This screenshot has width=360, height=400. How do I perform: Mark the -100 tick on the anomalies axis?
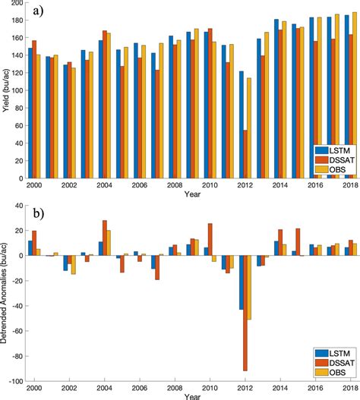pos(16,380)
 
